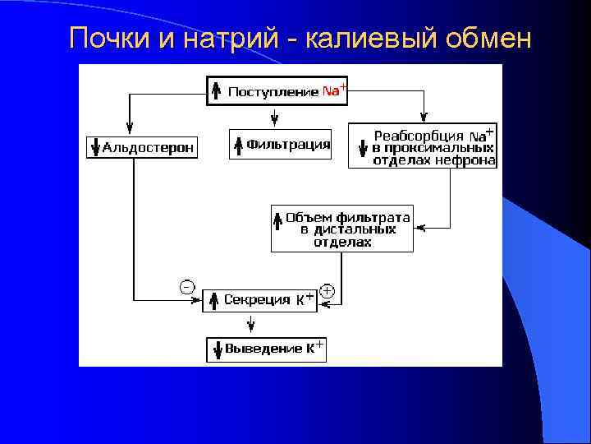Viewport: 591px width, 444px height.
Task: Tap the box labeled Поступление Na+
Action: pos(275,91)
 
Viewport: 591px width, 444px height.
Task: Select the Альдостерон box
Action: pos(141,148)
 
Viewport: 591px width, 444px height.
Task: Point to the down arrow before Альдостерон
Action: pos(95,148)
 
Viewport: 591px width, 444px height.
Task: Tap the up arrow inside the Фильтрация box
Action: pos(238,145)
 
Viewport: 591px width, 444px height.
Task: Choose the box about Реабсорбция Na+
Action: pos(422,146)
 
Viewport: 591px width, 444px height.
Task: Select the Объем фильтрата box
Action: pos(341,229)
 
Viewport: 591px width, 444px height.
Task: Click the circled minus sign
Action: pos(187,286)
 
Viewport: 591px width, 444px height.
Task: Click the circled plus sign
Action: pos(327,289)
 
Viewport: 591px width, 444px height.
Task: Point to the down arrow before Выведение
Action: pos(218,349)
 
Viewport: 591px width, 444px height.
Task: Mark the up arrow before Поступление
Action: pos(215,91)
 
